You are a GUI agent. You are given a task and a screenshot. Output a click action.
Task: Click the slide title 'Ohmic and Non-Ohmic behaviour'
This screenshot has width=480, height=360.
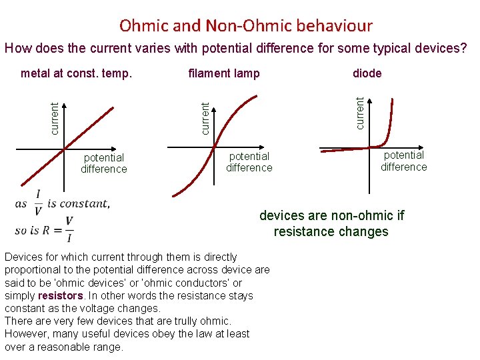(246, 26)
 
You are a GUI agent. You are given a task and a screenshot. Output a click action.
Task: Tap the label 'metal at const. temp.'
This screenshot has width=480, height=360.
(77, 73)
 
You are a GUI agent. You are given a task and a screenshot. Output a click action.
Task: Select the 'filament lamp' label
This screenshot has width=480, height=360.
(224, 73)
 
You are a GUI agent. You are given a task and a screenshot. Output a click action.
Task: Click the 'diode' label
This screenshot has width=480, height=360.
(367, 73)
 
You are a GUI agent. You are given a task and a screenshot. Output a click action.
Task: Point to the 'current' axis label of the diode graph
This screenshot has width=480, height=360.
(361, 113)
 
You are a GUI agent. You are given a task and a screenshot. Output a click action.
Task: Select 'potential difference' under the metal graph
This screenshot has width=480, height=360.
(103, 163)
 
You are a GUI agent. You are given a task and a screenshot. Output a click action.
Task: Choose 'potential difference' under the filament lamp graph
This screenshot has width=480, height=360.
(249, 162)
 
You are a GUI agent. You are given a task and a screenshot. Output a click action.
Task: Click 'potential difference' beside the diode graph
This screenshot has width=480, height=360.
(403, 161)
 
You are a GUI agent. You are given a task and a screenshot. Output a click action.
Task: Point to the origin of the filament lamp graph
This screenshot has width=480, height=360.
(215, 148)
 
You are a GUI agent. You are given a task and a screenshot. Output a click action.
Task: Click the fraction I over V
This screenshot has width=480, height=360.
(38, 203)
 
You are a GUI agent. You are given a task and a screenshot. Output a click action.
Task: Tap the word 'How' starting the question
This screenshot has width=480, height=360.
(17, 48)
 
